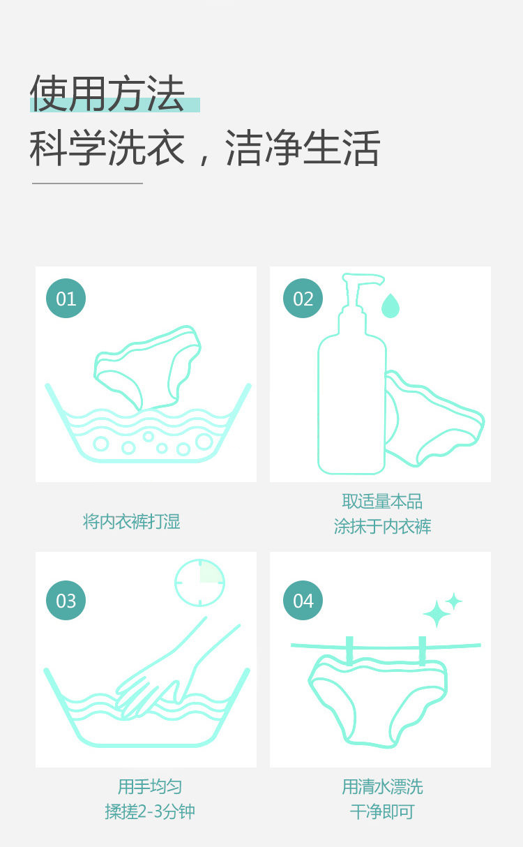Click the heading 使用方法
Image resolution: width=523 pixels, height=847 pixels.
tap(107, 93)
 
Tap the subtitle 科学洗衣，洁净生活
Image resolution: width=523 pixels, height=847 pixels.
tap(204, 147)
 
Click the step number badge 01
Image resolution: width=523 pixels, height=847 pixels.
tap(66, 299)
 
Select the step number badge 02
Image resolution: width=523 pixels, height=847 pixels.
tap(303, 299)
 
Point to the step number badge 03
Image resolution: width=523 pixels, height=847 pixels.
tap(66, 600)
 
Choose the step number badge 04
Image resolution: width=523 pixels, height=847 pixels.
tap(303, 600)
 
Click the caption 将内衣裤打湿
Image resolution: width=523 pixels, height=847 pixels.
tap(132, 521)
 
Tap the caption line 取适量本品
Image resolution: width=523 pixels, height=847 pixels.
tap(382, 502)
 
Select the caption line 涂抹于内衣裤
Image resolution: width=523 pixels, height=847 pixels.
tap(382, 526)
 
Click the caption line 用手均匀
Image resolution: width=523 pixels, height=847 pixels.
tap(150, 786)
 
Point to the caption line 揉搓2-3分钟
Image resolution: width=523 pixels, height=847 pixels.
tap(150, 811)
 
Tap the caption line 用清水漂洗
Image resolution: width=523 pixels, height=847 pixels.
tap(382, 786)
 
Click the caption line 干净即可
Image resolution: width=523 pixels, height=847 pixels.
tap(382, 811)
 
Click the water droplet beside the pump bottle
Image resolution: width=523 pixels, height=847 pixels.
tap(391, 306)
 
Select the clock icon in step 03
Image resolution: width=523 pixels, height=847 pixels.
tap(199, 583)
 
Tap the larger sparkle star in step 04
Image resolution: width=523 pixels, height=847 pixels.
tap(437, 613)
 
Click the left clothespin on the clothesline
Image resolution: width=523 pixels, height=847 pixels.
tap(349, 651)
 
